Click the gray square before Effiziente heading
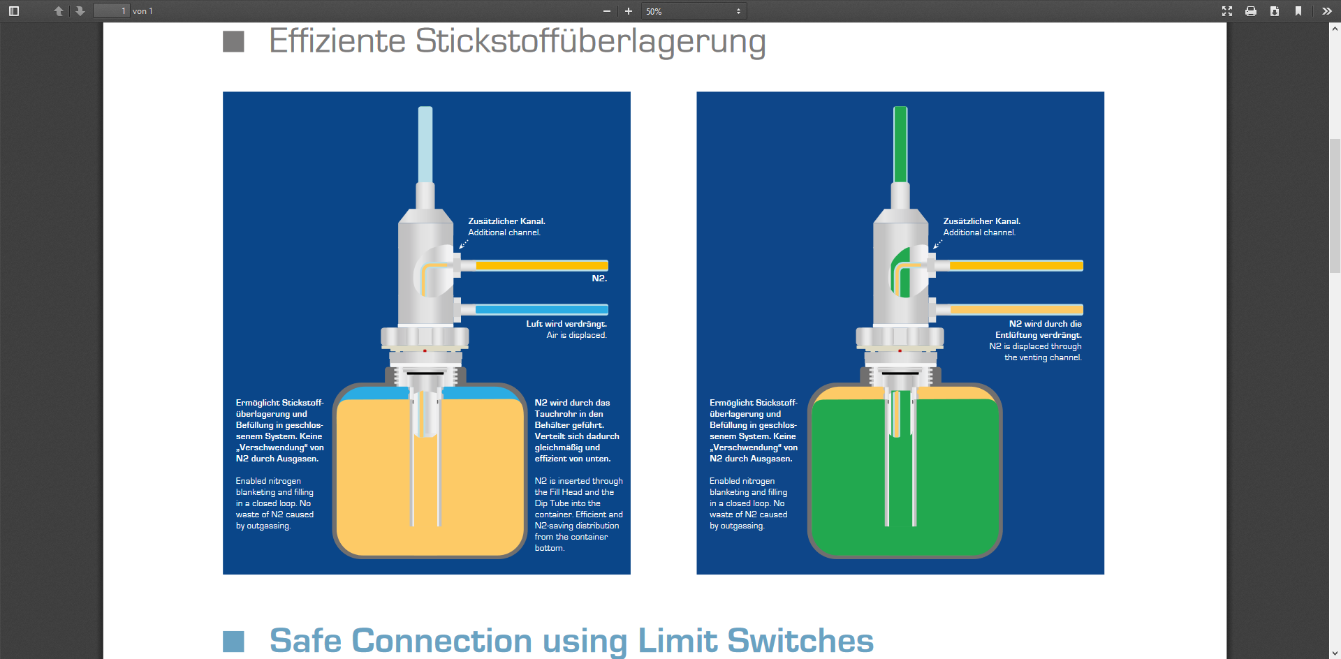pos(233,42)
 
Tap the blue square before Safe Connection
pos(233,642)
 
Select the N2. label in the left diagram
pos(599,279)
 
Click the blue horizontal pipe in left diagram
pos(541,309)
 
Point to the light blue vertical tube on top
pos(425,145)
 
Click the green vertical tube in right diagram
pos(900,145)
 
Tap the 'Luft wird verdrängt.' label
pos(566,324)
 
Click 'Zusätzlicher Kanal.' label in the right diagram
pos(981,221)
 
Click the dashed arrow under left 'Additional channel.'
pos(464,244)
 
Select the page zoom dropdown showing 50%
pos(694,11)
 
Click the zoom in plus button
pos(628,11)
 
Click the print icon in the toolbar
pos(1251,11)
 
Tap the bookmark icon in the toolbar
pos(1298,11)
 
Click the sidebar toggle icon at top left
pos(14,11)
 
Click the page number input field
pos(112,11)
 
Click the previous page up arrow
pos(59,11)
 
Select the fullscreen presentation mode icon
pos(1227,11)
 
